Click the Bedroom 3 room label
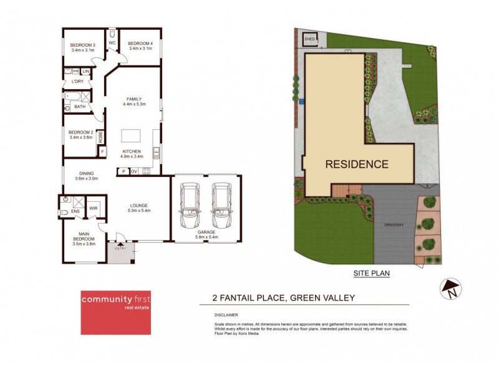(x=82, y=45)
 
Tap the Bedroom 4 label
(x=140, y=45)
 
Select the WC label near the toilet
(x=112, y=43)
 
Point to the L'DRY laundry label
(x=77, y=82)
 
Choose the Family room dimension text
(x=135, y=104)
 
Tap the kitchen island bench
(x=131, y=135)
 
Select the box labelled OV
(x=133, y=171)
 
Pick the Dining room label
(x=86, y=174)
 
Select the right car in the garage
(x=221, y=206)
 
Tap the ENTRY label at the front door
(x=121, y=249)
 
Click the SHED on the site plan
(x=310, y=39)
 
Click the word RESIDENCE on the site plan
(x=356, y=165)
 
